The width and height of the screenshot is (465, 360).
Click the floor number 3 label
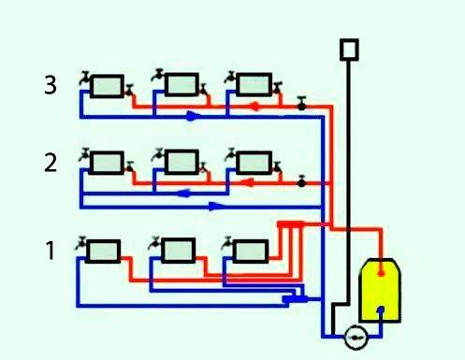coord(51,85)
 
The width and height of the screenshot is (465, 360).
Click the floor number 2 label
coord(51,164)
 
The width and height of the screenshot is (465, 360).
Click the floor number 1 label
coord(51,250)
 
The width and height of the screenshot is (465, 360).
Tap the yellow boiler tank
coord(381,290)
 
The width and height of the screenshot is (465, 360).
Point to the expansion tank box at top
coord(350,48)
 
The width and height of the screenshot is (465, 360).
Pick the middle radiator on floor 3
coord(180,84)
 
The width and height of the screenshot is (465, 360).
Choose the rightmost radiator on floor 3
coord(253,84)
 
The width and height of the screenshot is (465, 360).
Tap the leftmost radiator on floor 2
coord(106,163)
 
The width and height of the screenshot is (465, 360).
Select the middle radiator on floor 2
coord(180,163)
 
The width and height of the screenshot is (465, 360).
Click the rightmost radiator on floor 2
coord(253,163)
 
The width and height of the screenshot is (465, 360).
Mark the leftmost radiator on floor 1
coord(103,250)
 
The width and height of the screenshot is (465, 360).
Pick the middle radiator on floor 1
coord(177,250)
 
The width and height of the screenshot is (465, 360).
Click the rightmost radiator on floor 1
coord(249,250)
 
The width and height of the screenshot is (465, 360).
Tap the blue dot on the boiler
coord(380,312)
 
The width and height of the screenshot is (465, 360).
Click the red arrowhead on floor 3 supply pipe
coord(254,107)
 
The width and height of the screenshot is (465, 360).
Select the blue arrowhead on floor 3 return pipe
coord(192,117)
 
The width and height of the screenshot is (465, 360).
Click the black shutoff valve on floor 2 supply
coord(301,183)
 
